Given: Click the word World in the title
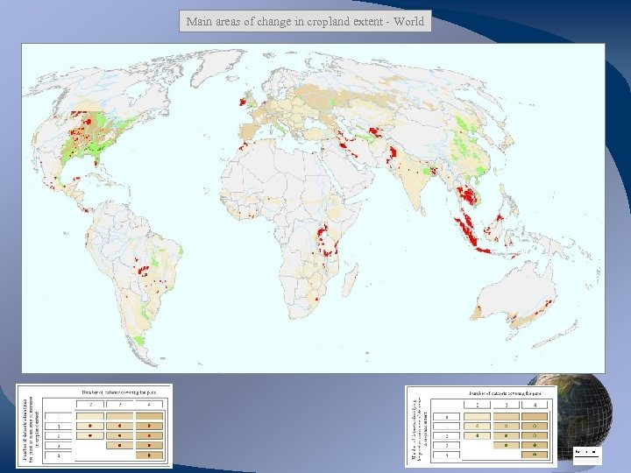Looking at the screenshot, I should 408,22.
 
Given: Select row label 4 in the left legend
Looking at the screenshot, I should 60,445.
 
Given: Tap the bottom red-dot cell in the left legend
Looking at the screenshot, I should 149,455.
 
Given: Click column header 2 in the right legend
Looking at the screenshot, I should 478,405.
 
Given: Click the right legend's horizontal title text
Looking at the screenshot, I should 507,393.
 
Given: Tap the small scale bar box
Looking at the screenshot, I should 586,453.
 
